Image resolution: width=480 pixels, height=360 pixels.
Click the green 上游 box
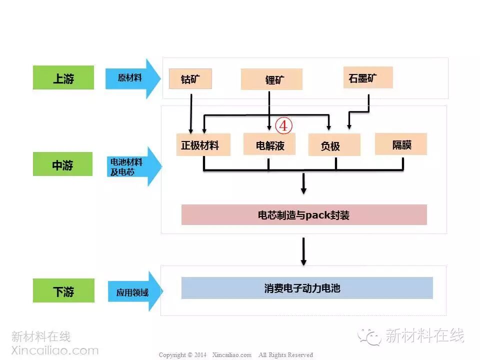[63, 78]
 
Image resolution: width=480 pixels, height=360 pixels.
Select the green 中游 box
[63, 164]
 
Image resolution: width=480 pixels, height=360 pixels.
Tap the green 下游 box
[63, 290]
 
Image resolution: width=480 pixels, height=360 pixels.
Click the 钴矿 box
[190, 78]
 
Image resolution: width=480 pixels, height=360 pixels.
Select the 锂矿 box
[271, 79]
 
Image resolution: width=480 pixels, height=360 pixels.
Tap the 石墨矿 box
[367, 77]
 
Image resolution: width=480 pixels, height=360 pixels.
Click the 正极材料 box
[203, 145]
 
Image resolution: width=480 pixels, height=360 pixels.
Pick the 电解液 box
[269, 145]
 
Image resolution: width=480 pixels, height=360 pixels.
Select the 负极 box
[334, 145]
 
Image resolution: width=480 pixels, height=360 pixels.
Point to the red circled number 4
[283, 126]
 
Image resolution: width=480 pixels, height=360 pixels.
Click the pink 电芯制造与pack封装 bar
[304, 215]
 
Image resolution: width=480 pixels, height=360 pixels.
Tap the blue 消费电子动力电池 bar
[306, 288]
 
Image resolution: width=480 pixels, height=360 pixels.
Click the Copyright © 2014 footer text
[182, 355]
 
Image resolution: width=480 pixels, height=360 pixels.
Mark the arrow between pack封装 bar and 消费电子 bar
[303, 251]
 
